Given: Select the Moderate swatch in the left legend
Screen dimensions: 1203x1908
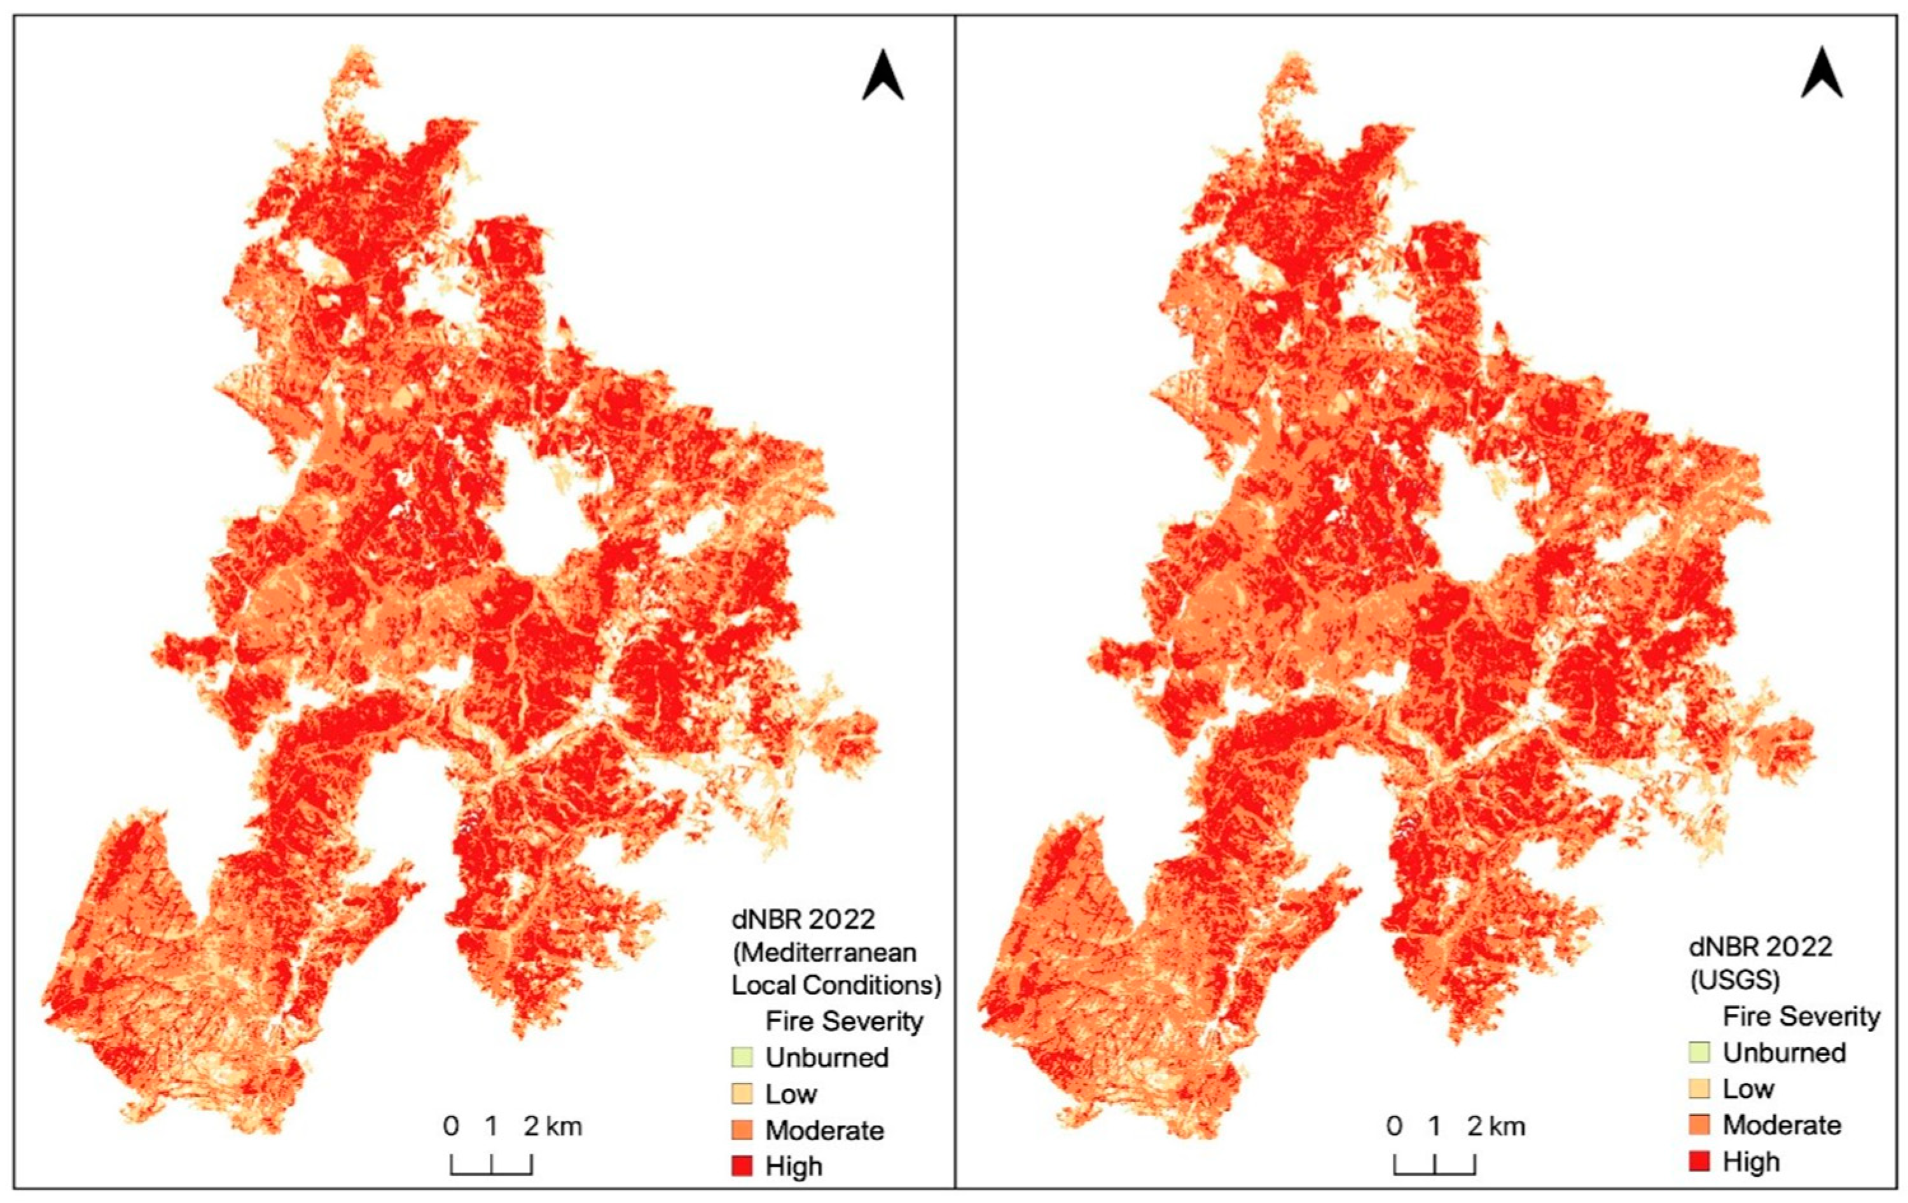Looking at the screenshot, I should [x=742, y=1129].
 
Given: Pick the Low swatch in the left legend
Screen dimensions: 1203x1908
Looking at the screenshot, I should [x=742, y=1094].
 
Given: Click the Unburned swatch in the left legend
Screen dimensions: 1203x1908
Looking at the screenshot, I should [x=742, y=1057].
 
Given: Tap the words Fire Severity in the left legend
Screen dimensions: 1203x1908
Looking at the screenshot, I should [x=844, y=1021].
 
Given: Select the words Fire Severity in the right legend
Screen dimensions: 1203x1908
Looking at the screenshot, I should [x=1801, y=1016].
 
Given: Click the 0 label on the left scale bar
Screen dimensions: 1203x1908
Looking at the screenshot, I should [x=451, y=1125].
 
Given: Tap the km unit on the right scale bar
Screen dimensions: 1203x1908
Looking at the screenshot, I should [x=1507, y=1125].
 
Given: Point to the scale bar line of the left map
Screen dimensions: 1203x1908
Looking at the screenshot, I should [x=491, y=1172].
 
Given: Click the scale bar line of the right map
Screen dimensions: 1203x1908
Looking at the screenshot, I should [x=1434, y=1172].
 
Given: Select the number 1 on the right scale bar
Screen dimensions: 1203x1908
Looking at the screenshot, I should [x=1434, y=1125].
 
